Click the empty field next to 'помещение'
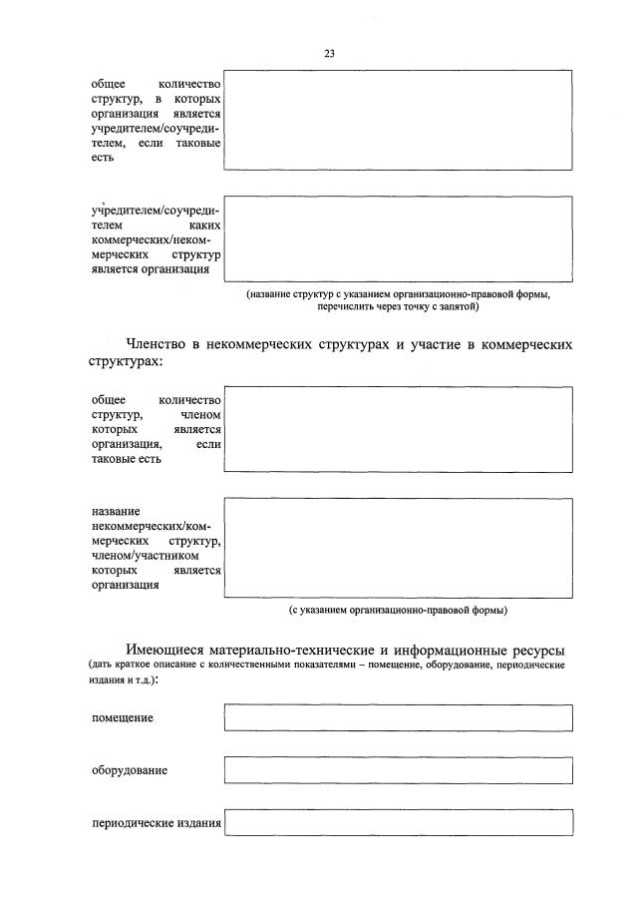click(x=399, y=718)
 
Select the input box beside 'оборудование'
click(x=399, y=770)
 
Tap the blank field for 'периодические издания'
click(x=399, y=822)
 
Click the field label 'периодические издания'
click(x=156, y=823)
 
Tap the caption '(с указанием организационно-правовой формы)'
click(x=398, y=609)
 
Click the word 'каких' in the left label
click(x=203, y=226)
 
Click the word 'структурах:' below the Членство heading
click(x=124, y=363)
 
